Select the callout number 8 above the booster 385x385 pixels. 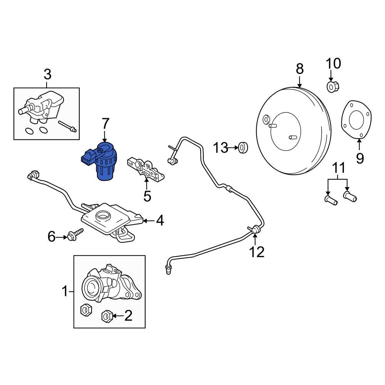300,69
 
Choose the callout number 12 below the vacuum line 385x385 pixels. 257,252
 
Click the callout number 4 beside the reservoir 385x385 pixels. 160,221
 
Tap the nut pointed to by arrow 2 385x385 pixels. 107,316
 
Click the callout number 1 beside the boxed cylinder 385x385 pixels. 65,291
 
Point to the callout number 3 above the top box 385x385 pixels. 47,74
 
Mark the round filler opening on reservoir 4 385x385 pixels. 103,216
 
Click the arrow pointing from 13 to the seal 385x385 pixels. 233,147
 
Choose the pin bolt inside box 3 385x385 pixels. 68,127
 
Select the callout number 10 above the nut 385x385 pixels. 333,64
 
